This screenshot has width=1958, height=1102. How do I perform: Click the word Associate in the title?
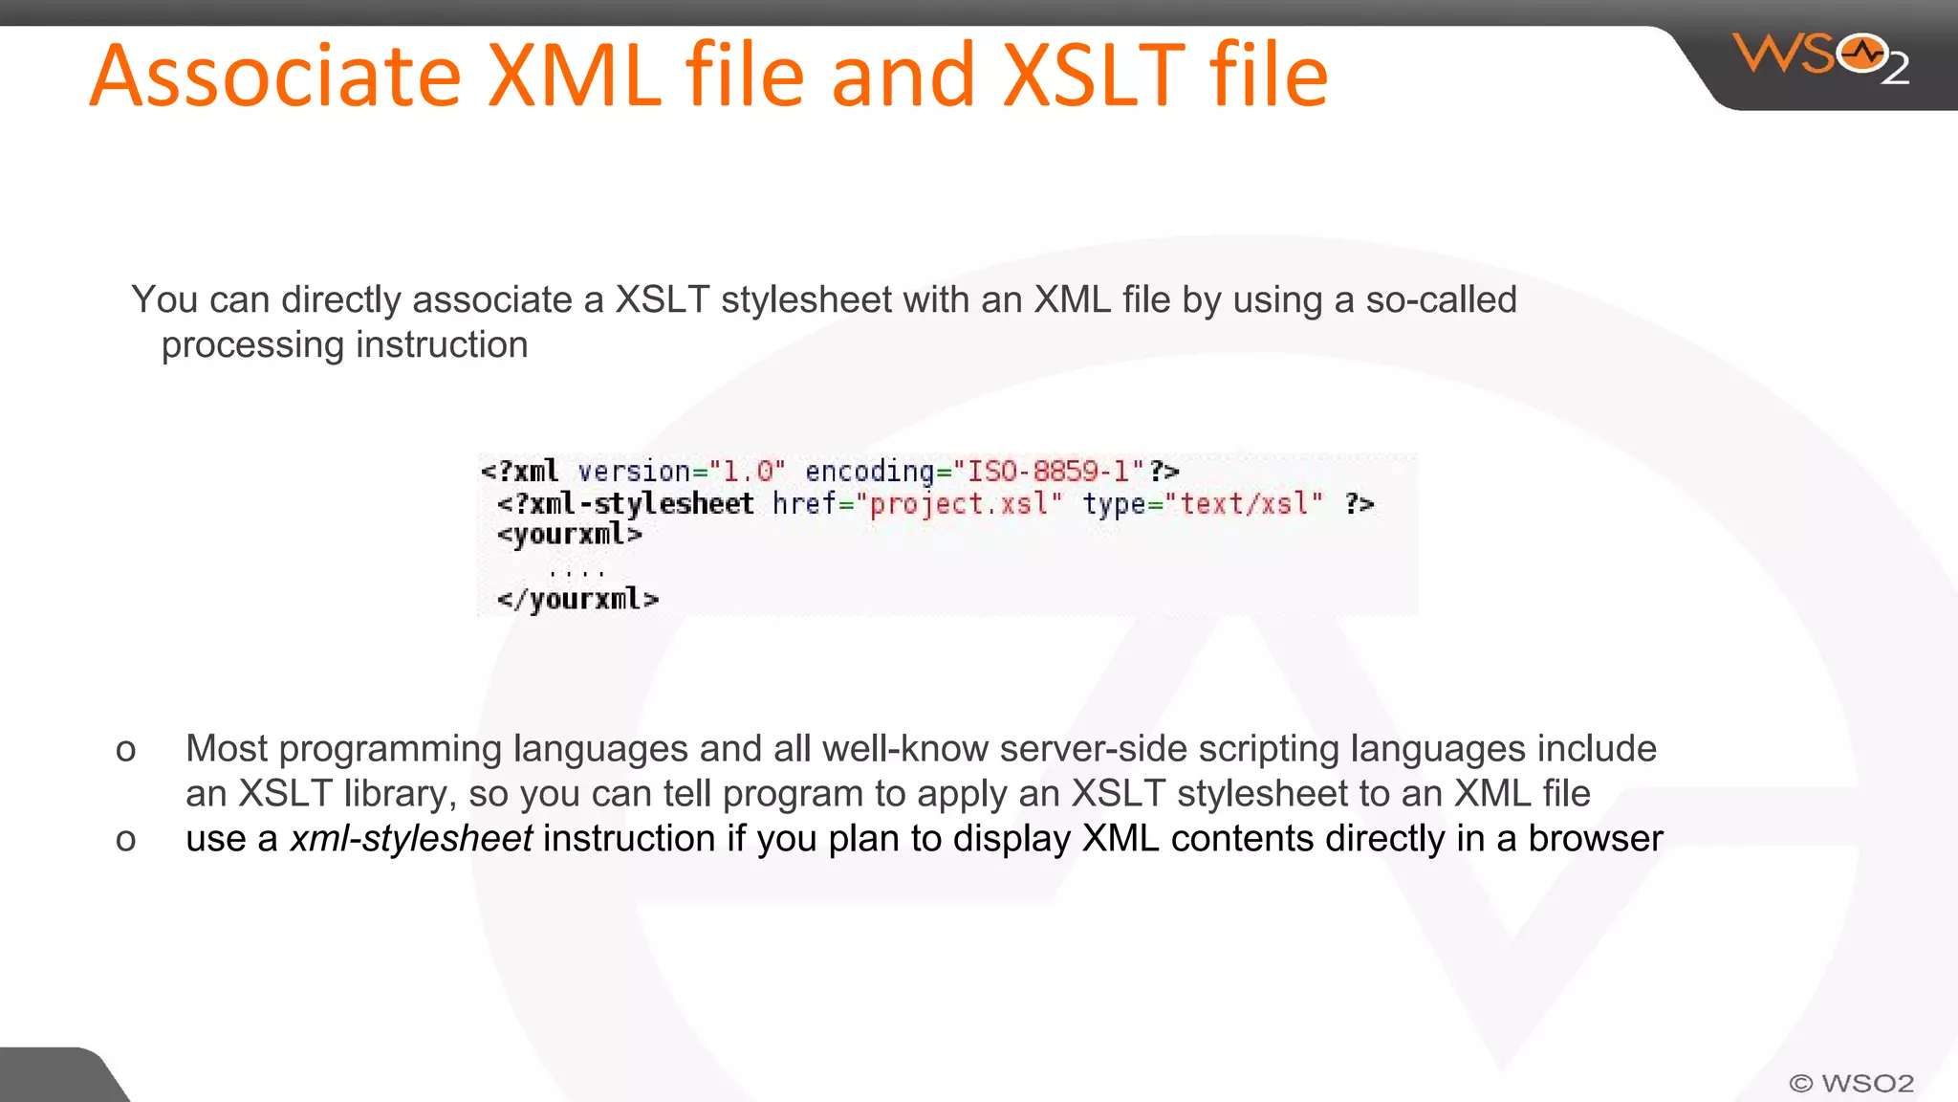pyautogui.click(x=275, y=77)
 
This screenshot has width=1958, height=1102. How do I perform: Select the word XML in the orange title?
pyautogui.click(x=574, y=77)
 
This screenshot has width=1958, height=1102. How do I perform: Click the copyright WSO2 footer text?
pyautogui.click(x=1851, y=1083)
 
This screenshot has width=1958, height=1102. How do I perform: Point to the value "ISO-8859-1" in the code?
pyautogui.click(x=1049, y=472)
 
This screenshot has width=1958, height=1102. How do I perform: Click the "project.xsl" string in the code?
pyautogui.click(x=959, y=504)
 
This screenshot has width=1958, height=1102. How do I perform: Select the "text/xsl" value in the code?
pyautogui.click(x=1244, y=504)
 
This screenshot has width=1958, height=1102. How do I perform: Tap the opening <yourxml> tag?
pyautogui.click(x=569, y=535)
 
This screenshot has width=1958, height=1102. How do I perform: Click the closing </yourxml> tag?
pyautogui.click(x=577, y=600)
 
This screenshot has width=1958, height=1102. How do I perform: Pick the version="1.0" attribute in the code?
pyautogui.click(x=681, y=472)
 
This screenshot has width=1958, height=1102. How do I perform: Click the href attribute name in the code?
pyautogui.click(x=803, y=504)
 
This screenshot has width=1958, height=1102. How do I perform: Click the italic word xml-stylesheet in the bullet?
pyautogui.click(x=411, y=839)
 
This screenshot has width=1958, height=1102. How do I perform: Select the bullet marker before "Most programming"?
pyautogui.click(x=125, y=750)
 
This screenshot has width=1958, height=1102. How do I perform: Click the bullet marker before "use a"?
pyautogui.click(x=125, y=840)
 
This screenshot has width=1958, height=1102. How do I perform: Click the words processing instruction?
pyautogui.click(x=344, y=345)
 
